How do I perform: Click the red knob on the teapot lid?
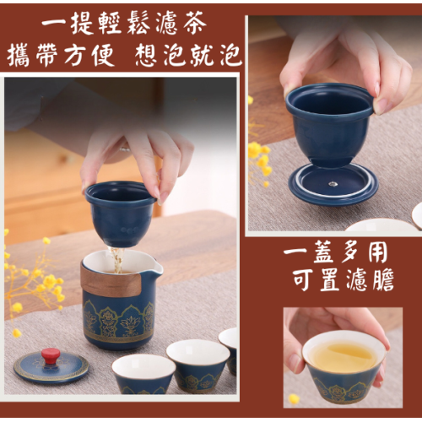pos(50,355)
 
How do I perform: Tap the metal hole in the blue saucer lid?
pos(333,184)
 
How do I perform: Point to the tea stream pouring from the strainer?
pos(117,260)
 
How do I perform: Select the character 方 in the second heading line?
pos(75,55)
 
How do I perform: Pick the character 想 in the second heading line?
pos(149,55)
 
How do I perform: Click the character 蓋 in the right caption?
pos(326,252)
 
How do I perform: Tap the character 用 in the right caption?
pos(378,252)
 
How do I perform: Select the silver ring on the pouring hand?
pos(125,149)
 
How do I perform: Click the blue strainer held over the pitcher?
pos(120,214)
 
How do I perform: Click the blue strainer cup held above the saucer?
pos(330,124)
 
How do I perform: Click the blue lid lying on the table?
pos(51,366)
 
